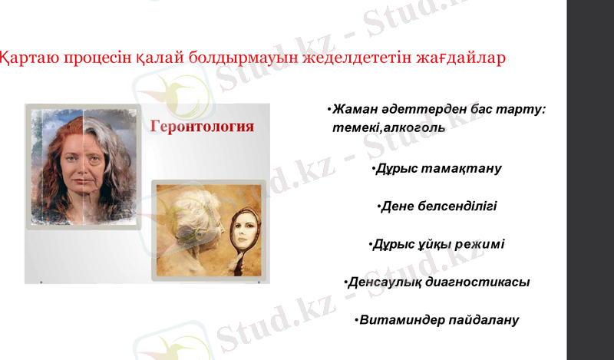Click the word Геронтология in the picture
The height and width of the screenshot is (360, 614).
(x=201, y=127)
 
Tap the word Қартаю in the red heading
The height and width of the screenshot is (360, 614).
(x=28, y=58)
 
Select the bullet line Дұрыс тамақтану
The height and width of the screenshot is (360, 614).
(x=436, y=168)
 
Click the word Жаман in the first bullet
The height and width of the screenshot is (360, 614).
(x=357, y=110)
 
